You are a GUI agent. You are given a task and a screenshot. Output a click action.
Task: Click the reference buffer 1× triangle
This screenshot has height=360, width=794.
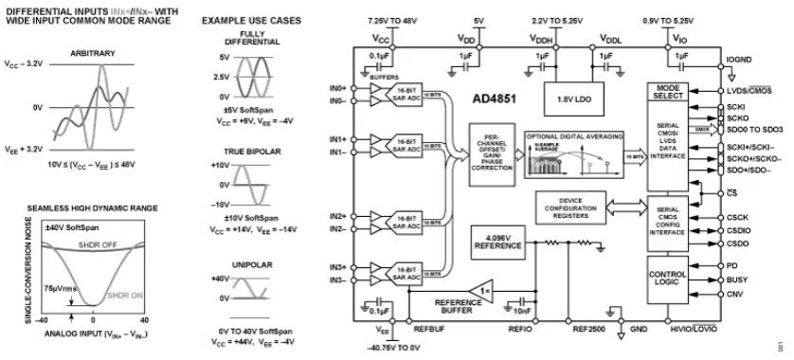pos(485,288)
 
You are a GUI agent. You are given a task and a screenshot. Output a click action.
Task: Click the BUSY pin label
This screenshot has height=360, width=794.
pos(738,281)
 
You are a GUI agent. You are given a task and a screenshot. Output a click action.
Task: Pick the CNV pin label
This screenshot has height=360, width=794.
pos(736,296)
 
